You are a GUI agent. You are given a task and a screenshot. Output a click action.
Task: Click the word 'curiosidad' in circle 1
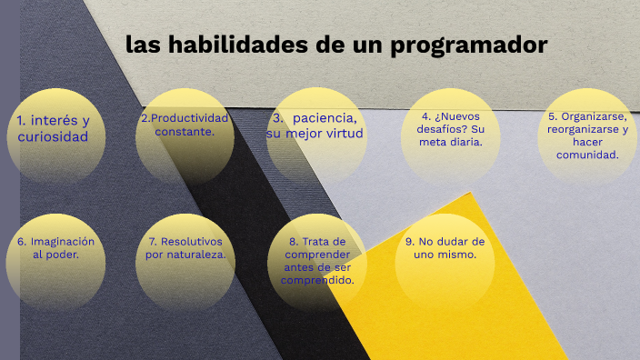click(x=54, y=137)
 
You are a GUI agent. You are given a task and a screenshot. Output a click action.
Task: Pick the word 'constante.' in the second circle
click(x=185, y=132)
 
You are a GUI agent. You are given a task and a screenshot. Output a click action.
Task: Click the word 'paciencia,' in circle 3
click(x=325, y=119)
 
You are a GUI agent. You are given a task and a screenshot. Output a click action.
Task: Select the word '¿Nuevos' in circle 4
click(x=459, y=116)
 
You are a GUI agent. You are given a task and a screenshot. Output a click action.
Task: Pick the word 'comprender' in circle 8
click(x=317, y=255)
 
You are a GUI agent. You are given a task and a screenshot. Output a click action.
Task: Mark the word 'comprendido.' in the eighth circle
click(x=317, y=280)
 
